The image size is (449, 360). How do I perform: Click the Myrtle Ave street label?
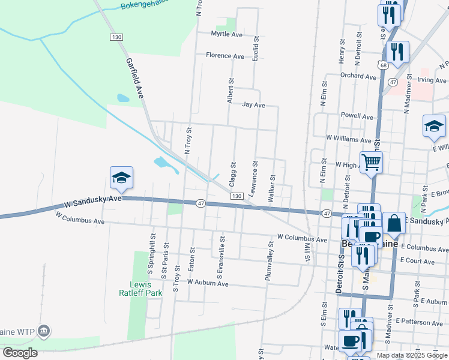226,35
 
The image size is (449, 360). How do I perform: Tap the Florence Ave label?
225,56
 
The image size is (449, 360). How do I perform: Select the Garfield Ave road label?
135,78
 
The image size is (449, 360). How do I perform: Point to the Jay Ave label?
253,105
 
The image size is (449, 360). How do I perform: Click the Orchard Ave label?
358,76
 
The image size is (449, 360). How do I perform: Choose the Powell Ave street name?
357,116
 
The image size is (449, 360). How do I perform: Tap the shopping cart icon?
372,161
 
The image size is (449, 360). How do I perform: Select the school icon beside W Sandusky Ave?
121,178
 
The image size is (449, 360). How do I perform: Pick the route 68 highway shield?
382,64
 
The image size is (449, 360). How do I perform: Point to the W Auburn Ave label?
208,282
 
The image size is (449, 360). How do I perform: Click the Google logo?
20,353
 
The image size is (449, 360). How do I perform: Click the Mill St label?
307,251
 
